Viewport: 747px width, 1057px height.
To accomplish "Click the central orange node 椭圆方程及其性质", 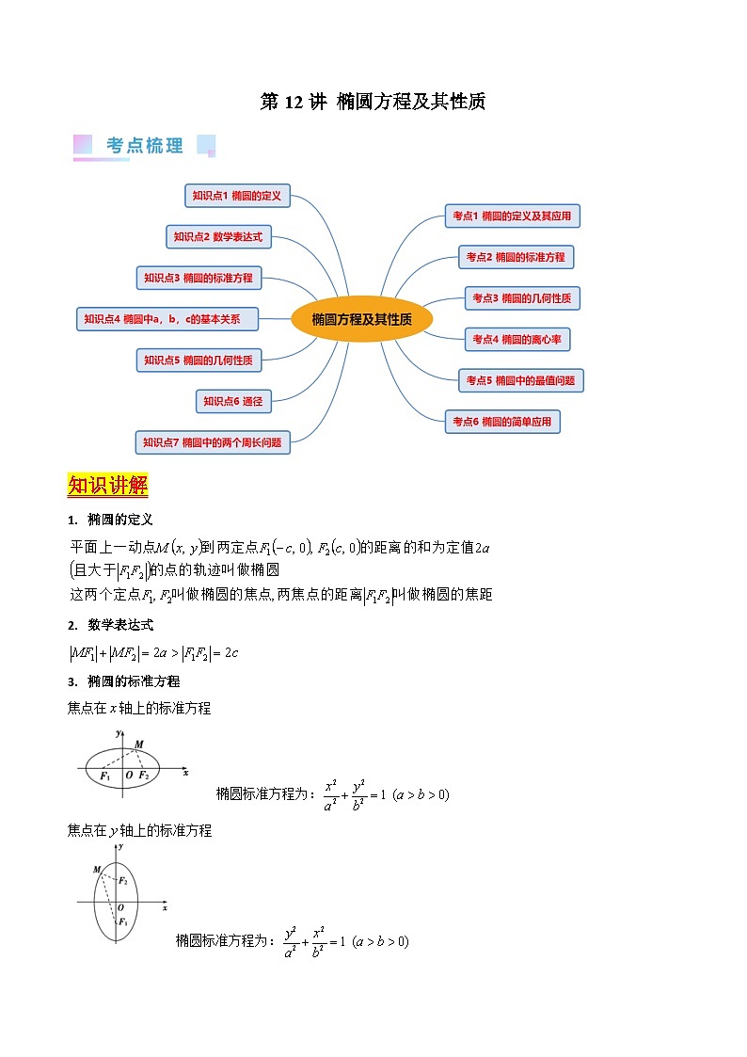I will click(361, 319).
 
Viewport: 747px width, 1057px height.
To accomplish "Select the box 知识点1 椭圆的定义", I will click(237, 196).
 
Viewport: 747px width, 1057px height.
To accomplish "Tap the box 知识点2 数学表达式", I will click(218, 237).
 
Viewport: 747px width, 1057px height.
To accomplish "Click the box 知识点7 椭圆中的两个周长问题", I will click(213, 441).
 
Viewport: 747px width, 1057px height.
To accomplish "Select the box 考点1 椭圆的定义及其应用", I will click(512, 216).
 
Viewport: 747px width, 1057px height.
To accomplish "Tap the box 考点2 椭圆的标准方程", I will click(517, 256).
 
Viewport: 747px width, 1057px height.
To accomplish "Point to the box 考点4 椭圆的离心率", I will click(517, 339).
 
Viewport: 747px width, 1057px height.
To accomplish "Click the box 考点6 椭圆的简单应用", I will click(502, 422).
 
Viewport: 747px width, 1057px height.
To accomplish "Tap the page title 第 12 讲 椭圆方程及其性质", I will click(373, 102).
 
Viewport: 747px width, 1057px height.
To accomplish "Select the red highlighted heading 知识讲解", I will click(107, 486).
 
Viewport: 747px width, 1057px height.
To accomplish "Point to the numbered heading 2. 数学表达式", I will click(110, 625).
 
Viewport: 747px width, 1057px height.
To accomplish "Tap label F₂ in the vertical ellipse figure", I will click(122, 880).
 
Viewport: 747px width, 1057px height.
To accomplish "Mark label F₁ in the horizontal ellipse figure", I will click(104, 775).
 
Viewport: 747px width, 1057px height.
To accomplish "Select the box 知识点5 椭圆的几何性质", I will click(199, 360).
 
